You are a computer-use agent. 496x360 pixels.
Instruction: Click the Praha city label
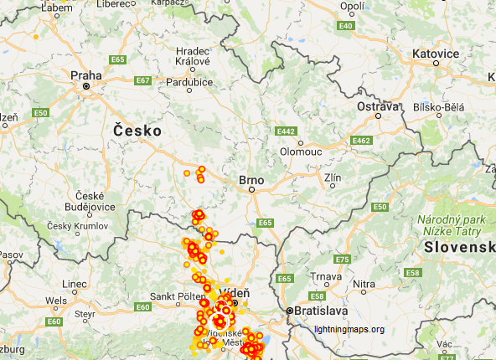[85, 75]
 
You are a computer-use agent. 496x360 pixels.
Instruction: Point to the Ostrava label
[378, 107]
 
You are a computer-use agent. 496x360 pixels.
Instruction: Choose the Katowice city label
[436, 54]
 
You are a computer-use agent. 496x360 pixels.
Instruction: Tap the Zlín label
[333, 178]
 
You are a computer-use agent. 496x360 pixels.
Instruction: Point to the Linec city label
[74, 284]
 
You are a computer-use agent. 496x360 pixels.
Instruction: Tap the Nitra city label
[364, 285]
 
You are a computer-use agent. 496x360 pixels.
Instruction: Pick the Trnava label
[326, 276]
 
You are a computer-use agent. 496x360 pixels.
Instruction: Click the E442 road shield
[287, 131]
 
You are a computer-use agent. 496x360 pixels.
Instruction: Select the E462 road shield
[361, 140]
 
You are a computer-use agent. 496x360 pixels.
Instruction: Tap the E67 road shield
[142, 80]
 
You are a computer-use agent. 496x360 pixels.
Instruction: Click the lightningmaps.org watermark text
[349, 329]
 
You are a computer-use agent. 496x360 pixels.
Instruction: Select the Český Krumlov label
[77, 226]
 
